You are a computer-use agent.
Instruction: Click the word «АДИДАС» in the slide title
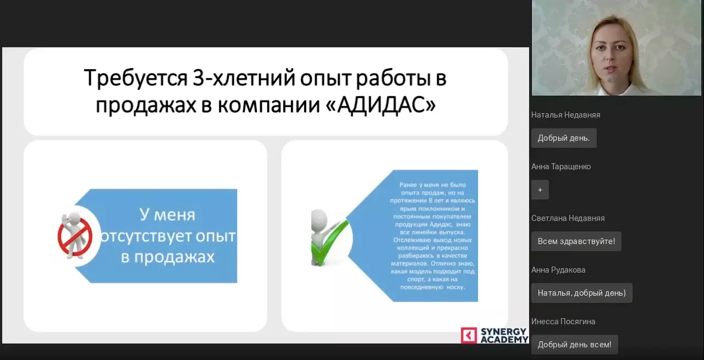(x=384, y=104)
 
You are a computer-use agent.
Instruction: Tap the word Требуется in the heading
(x=135, y=78)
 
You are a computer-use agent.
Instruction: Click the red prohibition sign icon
(x=75, y=235)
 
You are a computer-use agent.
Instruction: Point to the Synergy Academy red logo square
(x=469, y=335)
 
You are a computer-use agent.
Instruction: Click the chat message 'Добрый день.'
(x=563, y=138)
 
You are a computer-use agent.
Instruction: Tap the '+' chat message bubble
(x=540, y=190)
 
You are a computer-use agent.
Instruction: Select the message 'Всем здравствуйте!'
(x=576, y=241)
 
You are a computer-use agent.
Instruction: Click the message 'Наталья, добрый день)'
(x=581, y=293)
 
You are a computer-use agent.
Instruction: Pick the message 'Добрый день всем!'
(x=574, y=345)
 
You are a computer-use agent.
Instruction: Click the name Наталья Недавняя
(x=565, y=115)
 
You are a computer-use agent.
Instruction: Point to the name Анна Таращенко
(x=560, y=167)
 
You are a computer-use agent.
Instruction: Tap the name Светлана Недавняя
(x=568, y=218)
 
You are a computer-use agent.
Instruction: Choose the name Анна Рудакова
(x=558, y=270)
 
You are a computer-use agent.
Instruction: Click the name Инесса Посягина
(x=563, y=322)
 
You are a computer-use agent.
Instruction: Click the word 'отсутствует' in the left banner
(x=144, y=237)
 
